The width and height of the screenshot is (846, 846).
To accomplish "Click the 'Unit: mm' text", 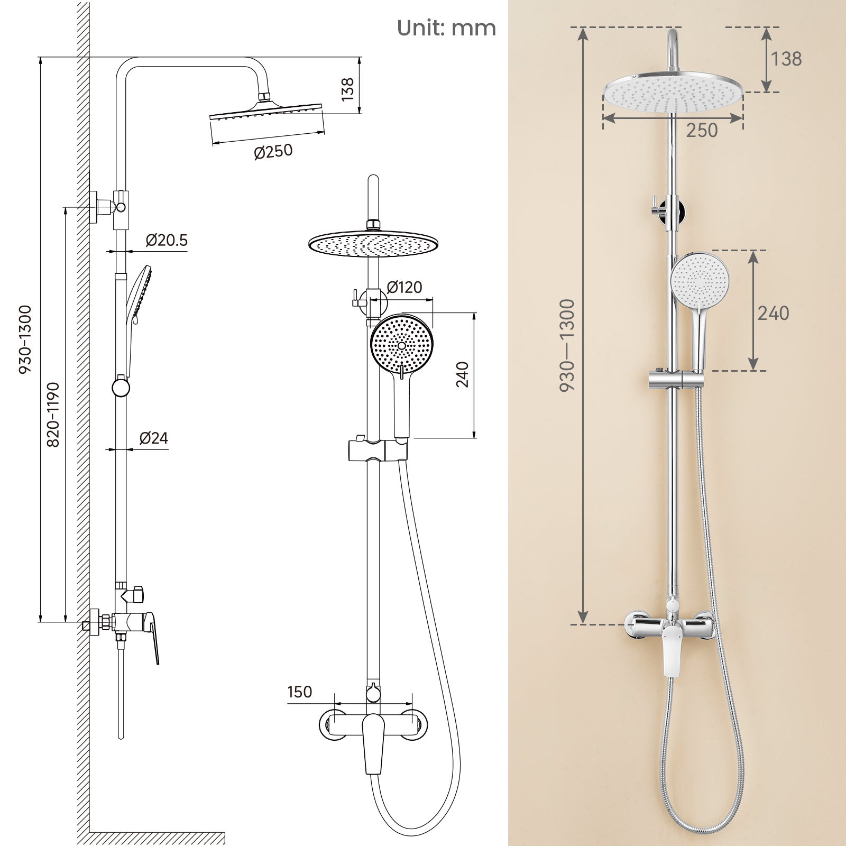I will click(x=446, y=28).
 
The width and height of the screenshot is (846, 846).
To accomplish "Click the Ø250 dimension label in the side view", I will click(x=273, y=152).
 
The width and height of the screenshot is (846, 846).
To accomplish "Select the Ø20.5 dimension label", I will click(x=167, y=241).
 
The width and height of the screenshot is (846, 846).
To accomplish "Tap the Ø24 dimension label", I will click(x=154, y=438).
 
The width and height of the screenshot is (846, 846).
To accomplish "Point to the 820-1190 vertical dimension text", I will click(x=53, y=415).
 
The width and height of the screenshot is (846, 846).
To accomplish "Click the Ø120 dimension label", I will click(x=404, y=288).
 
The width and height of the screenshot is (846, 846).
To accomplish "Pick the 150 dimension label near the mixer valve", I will click(x=300, y=692).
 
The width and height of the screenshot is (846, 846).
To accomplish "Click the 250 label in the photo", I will click(x=702, y=130).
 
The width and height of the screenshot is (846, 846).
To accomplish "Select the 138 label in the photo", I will click(x=786, y=59).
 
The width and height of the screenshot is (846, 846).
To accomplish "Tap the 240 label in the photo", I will click(x=773, y=313).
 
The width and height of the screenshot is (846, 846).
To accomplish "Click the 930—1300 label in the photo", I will click(x=567, y=345).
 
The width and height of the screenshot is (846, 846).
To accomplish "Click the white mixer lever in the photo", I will click(x=673, y=650).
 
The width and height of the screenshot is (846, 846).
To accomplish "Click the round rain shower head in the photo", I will click(x=673, y=92).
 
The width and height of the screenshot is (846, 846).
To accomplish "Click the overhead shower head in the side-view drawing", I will click(x=266, y=111).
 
